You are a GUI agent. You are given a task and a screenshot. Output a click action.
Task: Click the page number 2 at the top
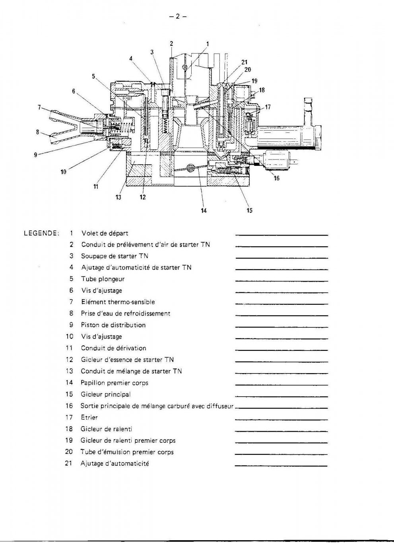[x=178, y=16]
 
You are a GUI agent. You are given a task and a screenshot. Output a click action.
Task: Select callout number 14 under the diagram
[x=204, y=211]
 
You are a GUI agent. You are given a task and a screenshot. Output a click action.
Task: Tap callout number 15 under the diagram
[x=249, y=210]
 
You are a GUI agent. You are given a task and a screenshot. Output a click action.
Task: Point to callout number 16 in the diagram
[x=276, y=178]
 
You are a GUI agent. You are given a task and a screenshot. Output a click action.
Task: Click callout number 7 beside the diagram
[x=39, y=107]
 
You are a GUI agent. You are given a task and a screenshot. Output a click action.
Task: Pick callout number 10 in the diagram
[x=63, y=172]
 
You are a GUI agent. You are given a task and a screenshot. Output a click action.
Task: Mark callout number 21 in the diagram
[x=244, y=62]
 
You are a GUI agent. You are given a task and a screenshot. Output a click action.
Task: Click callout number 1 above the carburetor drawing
[x=208, y=44]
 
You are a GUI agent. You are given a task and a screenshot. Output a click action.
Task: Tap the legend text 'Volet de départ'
[x=105, y=233]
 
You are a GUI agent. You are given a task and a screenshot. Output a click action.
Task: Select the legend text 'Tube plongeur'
[x=103, y=279]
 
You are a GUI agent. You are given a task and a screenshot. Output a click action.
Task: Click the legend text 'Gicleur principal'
[x=106, y=394]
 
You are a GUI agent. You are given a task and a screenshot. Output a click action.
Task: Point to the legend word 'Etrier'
[x=89, y=417]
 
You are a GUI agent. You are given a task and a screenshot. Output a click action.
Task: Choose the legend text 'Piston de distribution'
[x=113, y=325]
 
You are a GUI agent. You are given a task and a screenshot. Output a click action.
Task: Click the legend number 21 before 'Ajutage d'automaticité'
[x=68, y=463]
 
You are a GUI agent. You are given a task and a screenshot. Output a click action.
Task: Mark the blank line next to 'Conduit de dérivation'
[x=281, y=350]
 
